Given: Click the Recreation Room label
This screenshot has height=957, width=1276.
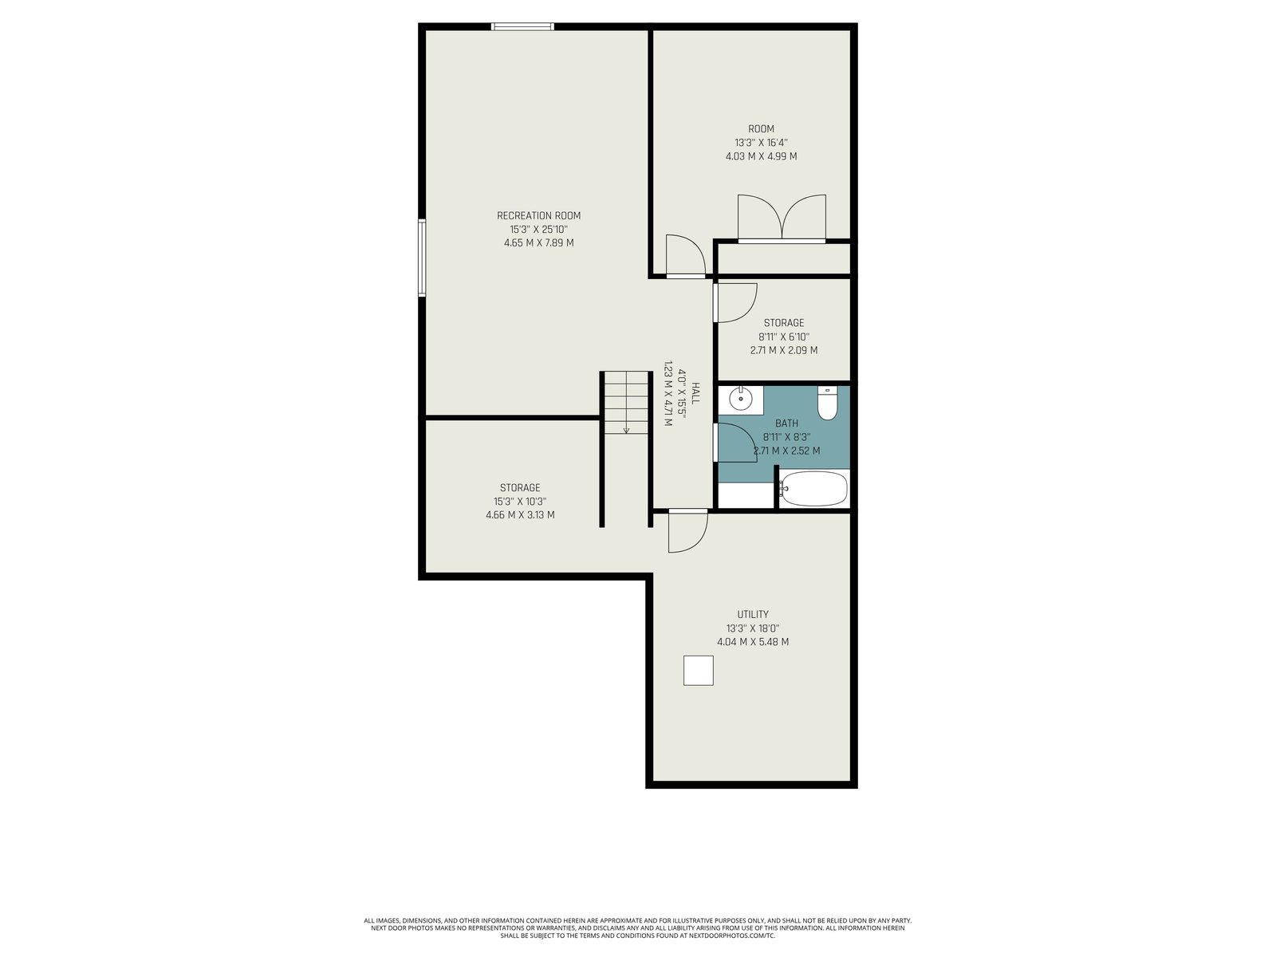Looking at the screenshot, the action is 538,215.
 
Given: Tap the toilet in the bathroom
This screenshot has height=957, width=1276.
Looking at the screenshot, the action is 826,403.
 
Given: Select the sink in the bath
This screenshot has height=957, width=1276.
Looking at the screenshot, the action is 741,400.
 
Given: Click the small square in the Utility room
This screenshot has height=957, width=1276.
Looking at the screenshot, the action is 698,671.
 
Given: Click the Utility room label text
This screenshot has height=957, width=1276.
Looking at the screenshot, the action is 753,614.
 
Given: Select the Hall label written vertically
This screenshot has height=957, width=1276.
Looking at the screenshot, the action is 695,393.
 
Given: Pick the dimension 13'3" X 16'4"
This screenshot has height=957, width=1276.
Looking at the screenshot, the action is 761,143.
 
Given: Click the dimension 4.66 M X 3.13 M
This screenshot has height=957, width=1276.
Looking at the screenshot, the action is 520,515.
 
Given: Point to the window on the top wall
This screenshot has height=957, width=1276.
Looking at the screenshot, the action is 522,27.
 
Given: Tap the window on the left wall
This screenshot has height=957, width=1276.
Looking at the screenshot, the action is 422,258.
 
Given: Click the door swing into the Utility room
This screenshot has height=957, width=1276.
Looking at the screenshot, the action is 688,531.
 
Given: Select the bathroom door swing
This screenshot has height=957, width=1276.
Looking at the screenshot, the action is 735,443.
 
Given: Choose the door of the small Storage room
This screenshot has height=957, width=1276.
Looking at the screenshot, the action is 735,303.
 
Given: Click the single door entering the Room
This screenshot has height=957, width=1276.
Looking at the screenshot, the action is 686,256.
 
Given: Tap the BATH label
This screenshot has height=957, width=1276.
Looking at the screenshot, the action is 786,423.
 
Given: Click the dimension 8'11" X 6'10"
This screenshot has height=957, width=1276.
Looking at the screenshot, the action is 784,337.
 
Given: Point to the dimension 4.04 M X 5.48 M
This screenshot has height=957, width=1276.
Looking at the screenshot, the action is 753,642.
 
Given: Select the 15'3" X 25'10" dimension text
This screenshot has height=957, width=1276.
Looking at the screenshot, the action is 538,230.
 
